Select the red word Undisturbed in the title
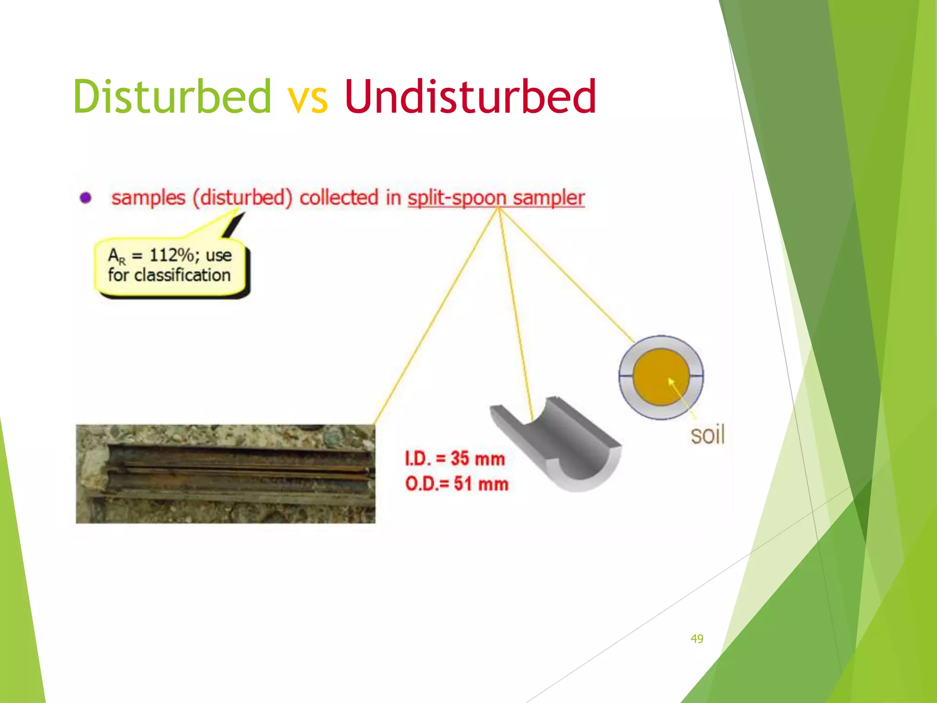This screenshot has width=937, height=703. (x=470, y=97)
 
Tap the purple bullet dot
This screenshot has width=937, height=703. (x=86, y=198)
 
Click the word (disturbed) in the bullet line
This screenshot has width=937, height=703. (x=242, y=198)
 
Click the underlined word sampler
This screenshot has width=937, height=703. (x=549, y=198)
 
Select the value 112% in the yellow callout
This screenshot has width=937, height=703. (x=172, y=255)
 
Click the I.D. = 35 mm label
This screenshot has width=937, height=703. (x=455, y=459)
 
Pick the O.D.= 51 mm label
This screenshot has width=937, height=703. (x=457, y=484)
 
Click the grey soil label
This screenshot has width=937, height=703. (x=707, y=435)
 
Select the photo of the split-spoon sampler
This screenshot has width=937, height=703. (x=225, y=474)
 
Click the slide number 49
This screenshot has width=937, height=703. (x=697, y=638)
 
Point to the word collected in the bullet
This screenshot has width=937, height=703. (x=339, y=198)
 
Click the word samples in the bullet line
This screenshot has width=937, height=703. (x=148, y=198)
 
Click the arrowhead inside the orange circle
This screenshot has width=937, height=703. (x=671, y=381)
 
